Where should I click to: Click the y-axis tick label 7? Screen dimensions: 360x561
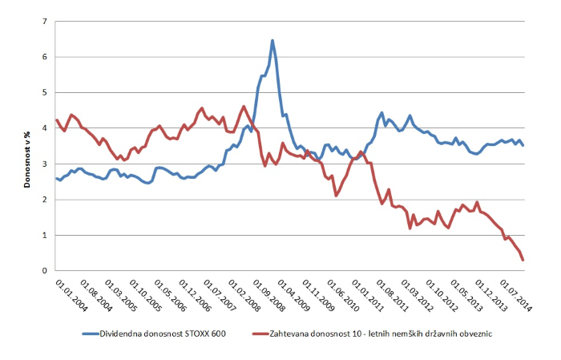[x=45, y=22]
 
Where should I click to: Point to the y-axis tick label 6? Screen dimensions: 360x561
[x=45, y=58]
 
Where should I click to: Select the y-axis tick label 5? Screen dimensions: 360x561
[x=45, y=93]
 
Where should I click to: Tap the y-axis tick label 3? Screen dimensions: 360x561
[x=45, y=164]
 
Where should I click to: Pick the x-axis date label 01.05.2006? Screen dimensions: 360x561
[x=167, y=297]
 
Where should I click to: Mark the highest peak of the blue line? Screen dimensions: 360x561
[x=272, y=40]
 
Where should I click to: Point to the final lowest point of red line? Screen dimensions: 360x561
[x=523, y=260]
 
